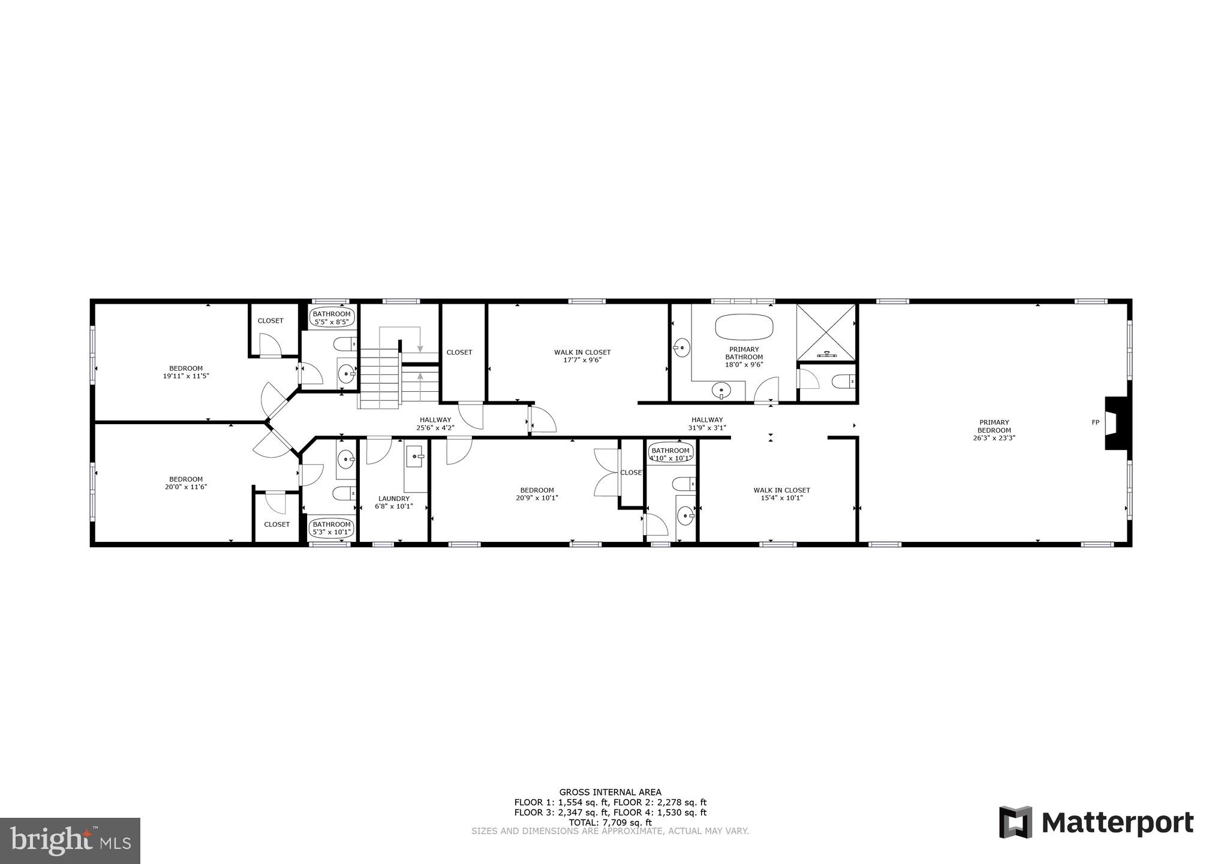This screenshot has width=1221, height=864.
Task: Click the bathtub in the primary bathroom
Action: coord(744,327)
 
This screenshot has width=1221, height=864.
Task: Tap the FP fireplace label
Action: coord(1095,422)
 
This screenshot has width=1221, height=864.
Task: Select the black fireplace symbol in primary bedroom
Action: coord(1116,423)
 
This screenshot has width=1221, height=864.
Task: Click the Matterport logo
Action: coord(1096,822)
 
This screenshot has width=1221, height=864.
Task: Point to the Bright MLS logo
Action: coord(70,841)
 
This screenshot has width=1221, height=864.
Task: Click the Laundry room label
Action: coord(394,502)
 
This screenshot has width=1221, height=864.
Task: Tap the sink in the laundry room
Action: coord(414,457)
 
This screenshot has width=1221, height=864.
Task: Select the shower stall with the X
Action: coord(826,332)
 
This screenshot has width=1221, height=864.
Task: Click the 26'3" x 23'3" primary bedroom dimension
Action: coord(994,438)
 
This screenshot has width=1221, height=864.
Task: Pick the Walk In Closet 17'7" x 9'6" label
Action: coord(582,356)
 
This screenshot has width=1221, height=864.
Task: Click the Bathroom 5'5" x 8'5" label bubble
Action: coord(332,317)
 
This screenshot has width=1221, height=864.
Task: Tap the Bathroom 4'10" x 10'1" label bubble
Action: coord(670,454)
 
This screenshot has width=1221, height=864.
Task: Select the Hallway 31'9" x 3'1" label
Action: coord(706,424)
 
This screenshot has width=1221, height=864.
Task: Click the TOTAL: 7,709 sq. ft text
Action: coord(610,822)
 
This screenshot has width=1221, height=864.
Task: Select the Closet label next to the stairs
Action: coord(459,352)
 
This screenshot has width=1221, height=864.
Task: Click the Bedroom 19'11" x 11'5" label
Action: coord(186,372)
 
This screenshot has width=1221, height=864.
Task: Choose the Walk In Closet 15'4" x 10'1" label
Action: coord(781,494)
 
